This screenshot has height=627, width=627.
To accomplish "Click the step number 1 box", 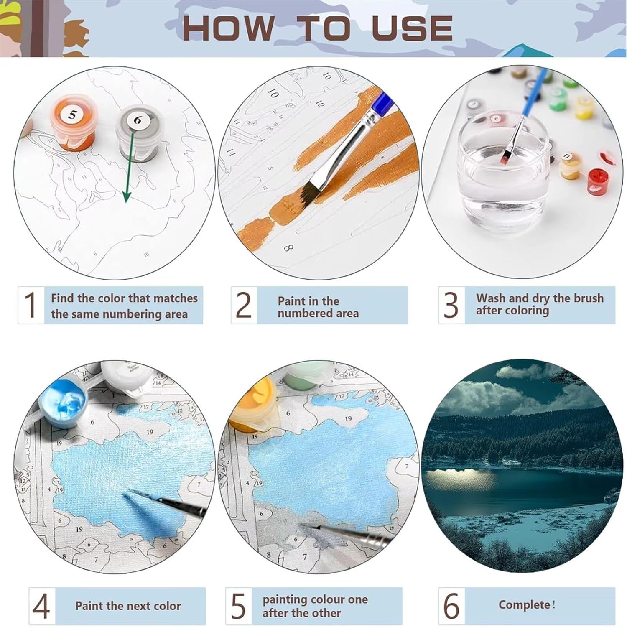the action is (31, 305).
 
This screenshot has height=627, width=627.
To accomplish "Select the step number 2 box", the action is (244, 305).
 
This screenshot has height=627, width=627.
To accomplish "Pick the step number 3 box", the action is (451, 305).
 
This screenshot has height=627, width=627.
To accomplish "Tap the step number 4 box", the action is (42, 606).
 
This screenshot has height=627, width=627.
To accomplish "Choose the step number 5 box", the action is (239, 606).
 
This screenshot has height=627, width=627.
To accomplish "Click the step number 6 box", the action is (451, 606).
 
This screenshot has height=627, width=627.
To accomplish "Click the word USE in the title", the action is (412, 28).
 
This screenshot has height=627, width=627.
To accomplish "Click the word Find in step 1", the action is (63, 298).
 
